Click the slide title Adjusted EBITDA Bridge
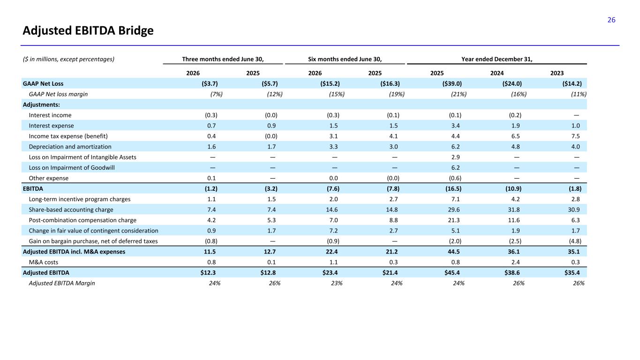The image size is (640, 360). click(x=88, y=30)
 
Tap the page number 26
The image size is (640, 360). click(x=611, y=20)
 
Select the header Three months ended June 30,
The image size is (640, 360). click(x=223, y=59)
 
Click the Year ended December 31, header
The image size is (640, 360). click(x=497, y=59)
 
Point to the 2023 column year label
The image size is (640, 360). click(x=557, y=73)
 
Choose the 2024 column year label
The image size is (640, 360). click(x=497, y=73)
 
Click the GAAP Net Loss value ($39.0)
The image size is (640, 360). click(x=452, y=84)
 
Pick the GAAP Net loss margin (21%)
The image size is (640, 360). click(x=459, y=94)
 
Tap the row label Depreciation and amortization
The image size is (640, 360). click(x=70, y=147)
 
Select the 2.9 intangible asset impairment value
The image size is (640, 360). click(x=455, y=157)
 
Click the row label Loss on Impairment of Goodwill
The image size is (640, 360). click(x=72, y=168)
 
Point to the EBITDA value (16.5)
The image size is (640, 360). click(x=453, y=188)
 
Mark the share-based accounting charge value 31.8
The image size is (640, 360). click(x=514, y=210)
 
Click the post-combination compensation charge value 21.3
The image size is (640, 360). click(x=454, y=220)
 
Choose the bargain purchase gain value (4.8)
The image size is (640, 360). click(x=575, y=241)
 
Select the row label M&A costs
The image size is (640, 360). click(x=44, y=262)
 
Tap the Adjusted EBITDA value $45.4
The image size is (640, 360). click(x=452, y=273)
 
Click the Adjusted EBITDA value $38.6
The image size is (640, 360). click(x=512, y=273)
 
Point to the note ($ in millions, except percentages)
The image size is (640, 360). click(x=68, y=59)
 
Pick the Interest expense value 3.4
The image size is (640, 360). click(x=455, y=126)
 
